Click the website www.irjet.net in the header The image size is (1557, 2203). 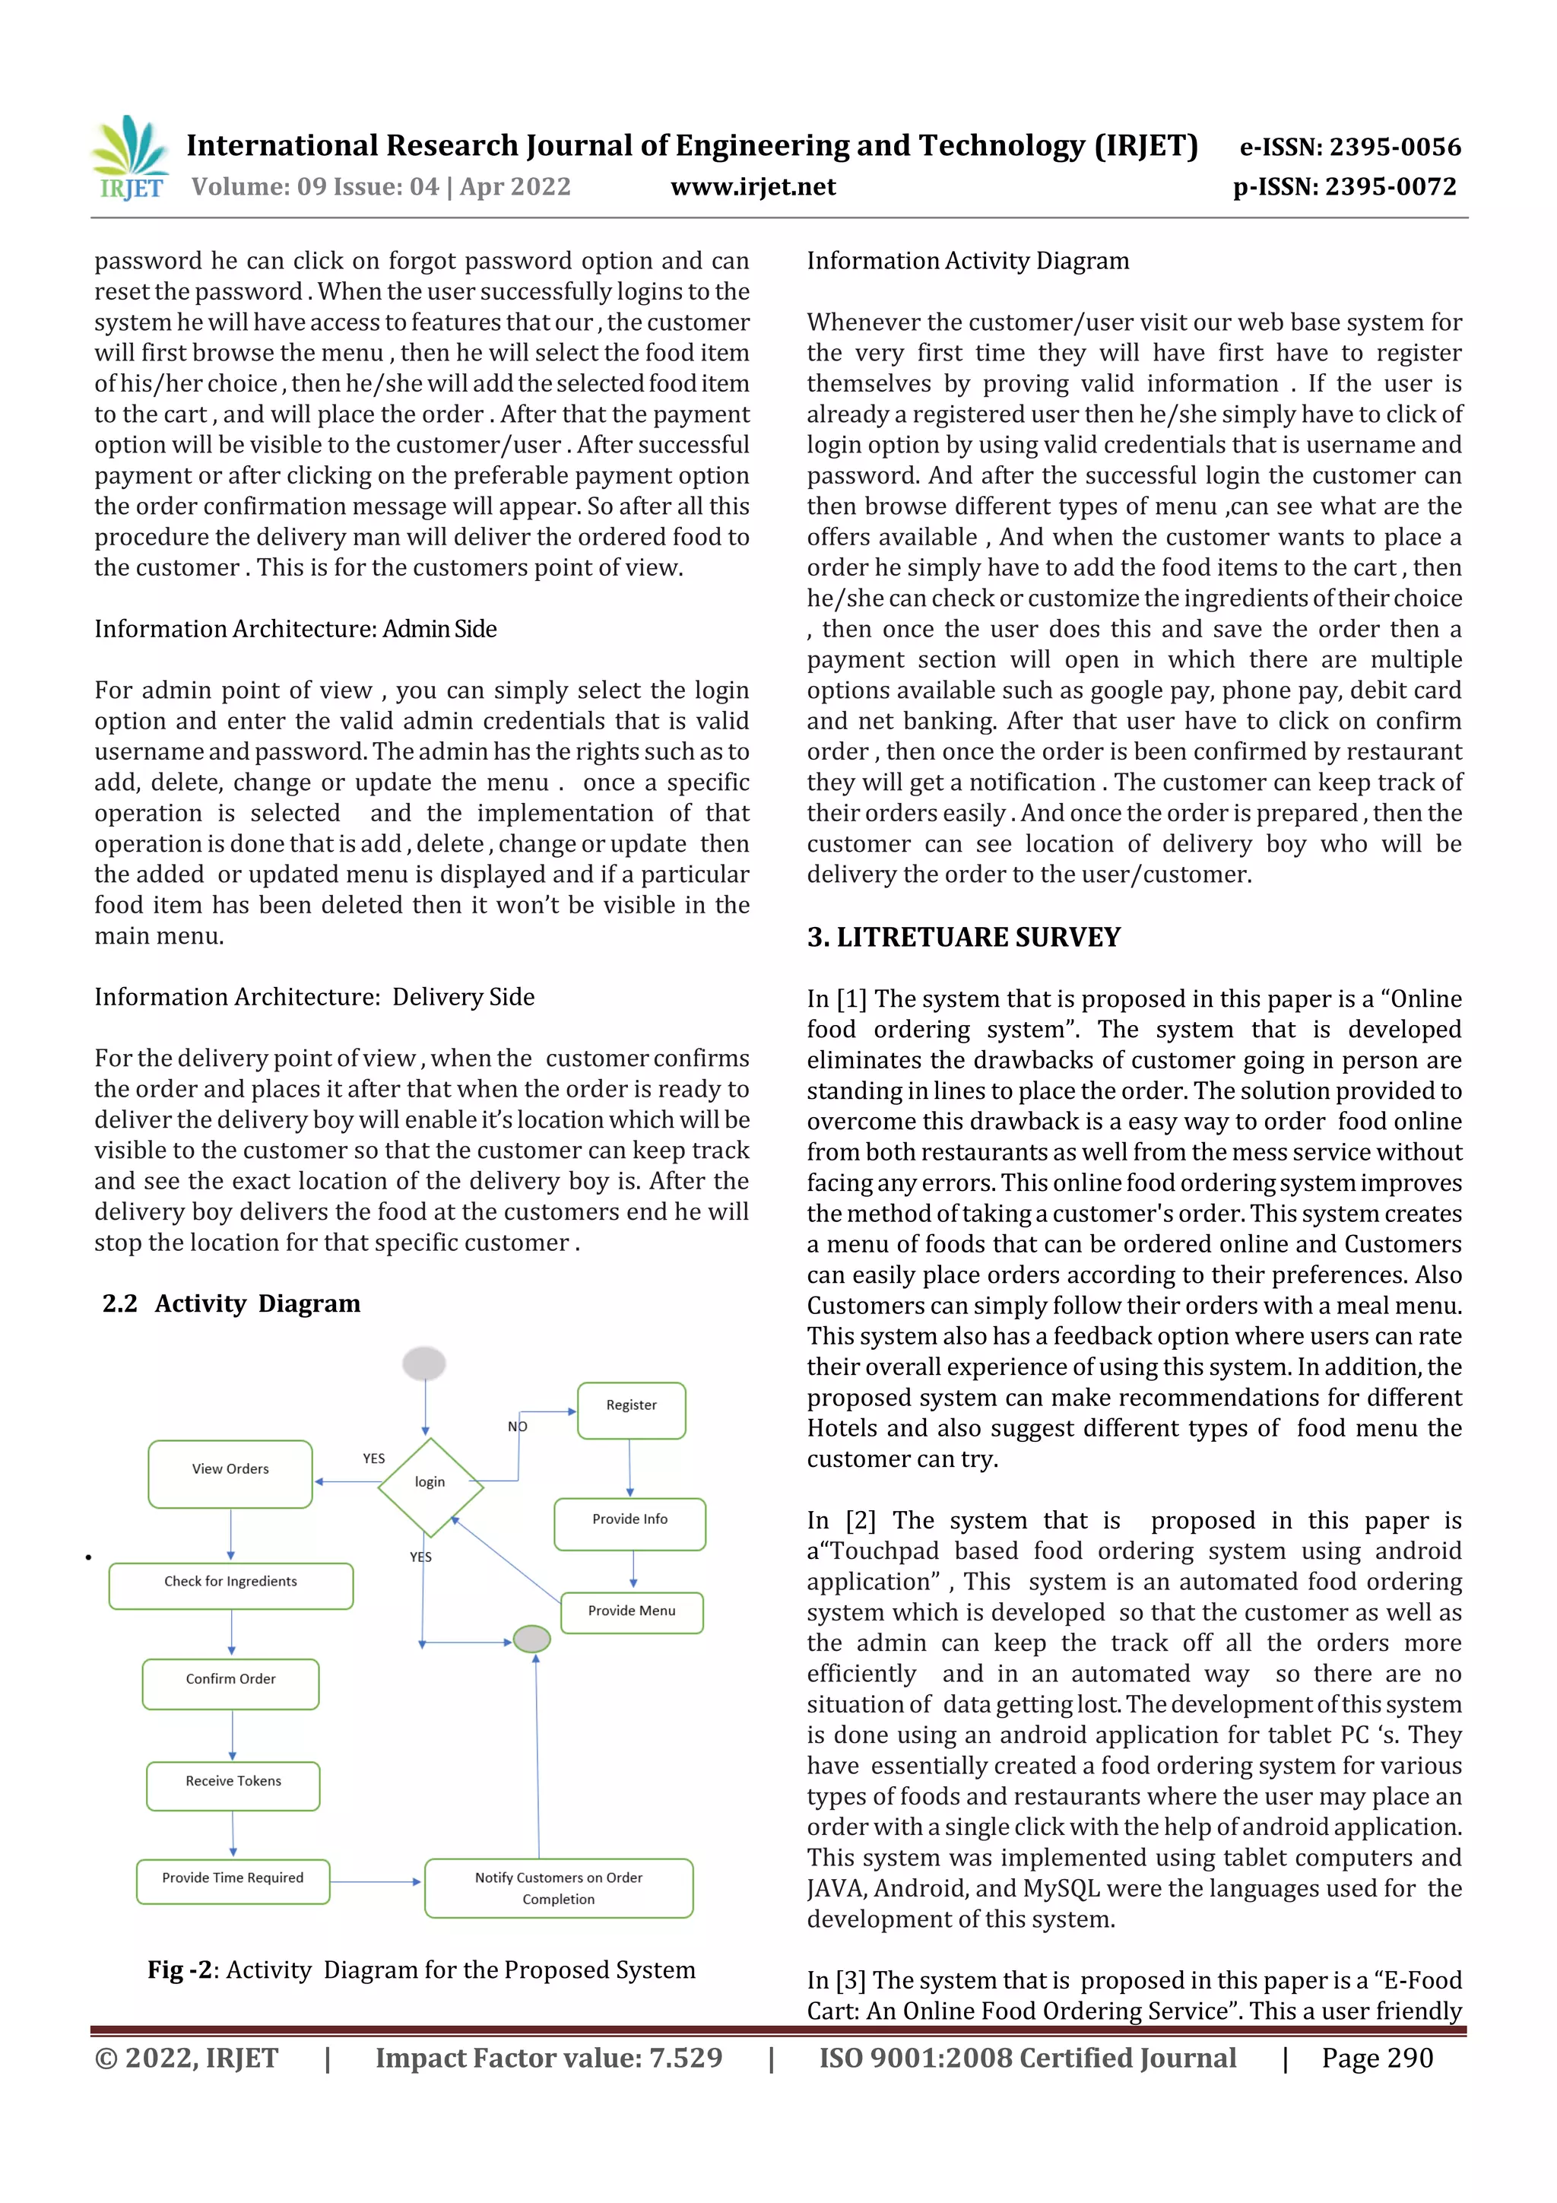pyautogui.click(x=753, y=187)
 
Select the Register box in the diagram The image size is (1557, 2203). pyautogui.click(x=631, y=1411)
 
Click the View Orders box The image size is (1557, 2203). pyautogui.click(x=230, y=1474)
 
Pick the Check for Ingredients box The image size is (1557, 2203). pyautogui.click(x=230, y=1586)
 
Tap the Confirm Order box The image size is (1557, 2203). pyautogui.click(x=230, y=1684)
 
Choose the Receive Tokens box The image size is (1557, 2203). pyautogui.click(x=233, y=1786)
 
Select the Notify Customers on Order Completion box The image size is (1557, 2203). pyautogui.click(x=558, y=1888)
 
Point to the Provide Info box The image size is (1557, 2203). pyautogui.click(x=629, y=1524)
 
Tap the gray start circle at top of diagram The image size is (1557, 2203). pyautogui.click(x=424, y=1363)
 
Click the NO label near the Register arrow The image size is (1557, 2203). pyautogui.click(x=517, y=1427)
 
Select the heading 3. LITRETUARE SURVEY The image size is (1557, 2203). pyautogui.click(x=963, y=938)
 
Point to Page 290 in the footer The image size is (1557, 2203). pyautogui.click(x=1377, y=2058)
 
